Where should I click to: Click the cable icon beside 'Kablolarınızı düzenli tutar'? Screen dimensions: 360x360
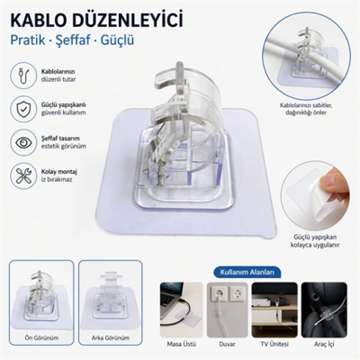tap(22, 75)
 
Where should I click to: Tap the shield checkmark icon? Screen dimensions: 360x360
tap(22, 110)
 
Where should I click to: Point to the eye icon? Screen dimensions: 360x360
tap(22, 141)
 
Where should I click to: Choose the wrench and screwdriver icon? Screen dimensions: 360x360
tap(22, 174)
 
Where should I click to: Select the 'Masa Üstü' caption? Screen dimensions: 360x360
tap(179, 343)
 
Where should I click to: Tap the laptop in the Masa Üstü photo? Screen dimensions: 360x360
tap(174, 301)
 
